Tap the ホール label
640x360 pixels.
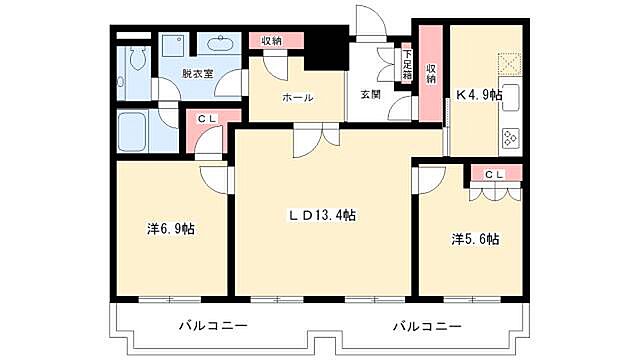point(297,98)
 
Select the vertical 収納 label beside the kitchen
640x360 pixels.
point(431,74)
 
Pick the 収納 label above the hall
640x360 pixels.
point(271,41)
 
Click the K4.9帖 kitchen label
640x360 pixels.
point(479,96)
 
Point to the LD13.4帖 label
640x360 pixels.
point(323,215)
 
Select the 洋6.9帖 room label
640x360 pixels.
point(171,229)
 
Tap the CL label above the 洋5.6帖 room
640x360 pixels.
point(495,174)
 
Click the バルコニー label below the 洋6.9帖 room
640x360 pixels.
point(213,326)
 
